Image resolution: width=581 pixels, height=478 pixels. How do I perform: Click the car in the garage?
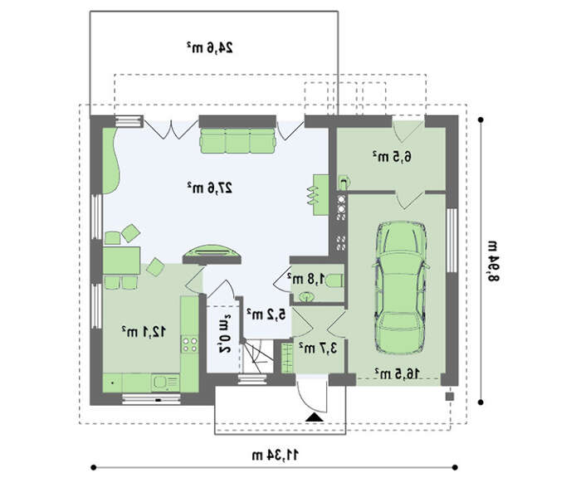[401, 287]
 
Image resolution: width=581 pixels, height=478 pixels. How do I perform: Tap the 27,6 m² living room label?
[210, 188]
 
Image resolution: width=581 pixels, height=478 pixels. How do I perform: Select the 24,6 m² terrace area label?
[210, 47]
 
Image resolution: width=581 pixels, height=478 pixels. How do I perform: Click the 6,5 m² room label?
[392, 157]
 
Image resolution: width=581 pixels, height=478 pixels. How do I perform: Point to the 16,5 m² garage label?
[397, 373]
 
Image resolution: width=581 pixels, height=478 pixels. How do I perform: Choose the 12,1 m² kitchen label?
[144, 331]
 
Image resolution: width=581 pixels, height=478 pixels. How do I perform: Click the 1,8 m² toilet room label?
[306, 278]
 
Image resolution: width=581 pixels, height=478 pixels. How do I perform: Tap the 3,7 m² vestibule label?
[318, 348]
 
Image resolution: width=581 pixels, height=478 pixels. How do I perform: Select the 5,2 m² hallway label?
[266, 315]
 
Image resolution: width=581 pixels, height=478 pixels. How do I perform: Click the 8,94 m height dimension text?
[493, 261]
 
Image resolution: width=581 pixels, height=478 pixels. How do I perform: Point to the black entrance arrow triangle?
[315, 417]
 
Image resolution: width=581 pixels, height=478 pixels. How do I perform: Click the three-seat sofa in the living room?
[238, 140]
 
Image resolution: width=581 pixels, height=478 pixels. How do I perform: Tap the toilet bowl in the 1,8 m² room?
[335, 280]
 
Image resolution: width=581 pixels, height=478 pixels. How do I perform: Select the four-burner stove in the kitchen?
[189, 344]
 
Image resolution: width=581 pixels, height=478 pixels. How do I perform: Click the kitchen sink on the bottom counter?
[166, 382]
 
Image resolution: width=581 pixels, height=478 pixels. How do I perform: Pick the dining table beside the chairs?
[121, 260]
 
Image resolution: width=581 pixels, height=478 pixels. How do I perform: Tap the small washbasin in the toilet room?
[306, 296]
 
